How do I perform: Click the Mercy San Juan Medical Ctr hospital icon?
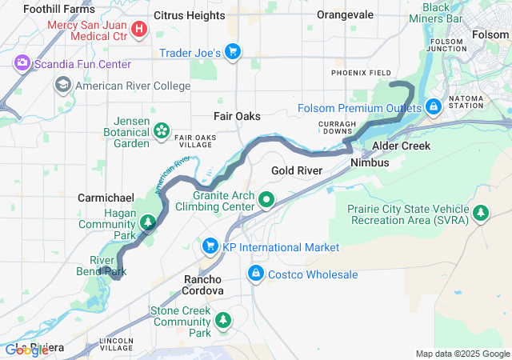pos(140,30)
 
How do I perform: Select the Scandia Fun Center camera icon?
pos(22,62)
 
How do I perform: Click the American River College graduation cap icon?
pos(62,85)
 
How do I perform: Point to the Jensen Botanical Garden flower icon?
pos(161,129)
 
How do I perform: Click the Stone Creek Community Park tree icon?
pos(222,321)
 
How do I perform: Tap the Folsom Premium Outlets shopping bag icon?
pos(433,106)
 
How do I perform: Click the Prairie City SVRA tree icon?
pos(480,213)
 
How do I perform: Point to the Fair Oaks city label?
pos(237,116)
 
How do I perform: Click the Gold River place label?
pos(297,170)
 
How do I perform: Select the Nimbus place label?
pos(370,162)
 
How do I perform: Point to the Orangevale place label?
pos(345,15)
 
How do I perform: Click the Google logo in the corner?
pos(26,350)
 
